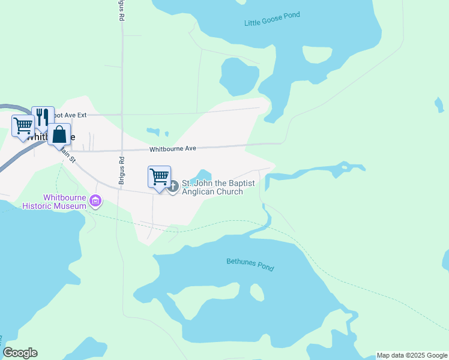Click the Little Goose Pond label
(272, 19)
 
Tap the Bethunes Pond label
(250, 264)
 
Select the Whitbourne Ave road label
(173, 148)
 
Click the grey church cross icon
(173, 187)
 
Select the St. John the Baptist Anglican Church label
(218, 187)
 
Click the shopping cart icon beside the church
(159, 177)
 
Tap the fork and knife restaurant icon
(42, 116)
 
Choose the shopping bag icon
(59, 134)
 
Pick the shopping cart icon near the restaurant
(23, 126)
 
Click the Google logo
(20, 353)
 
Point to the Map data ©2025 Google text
(412, 355)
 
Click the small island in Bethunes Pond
(257, 292)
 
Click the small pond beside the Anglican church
(203, 175)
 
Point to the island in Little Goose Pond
(317, 54)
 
